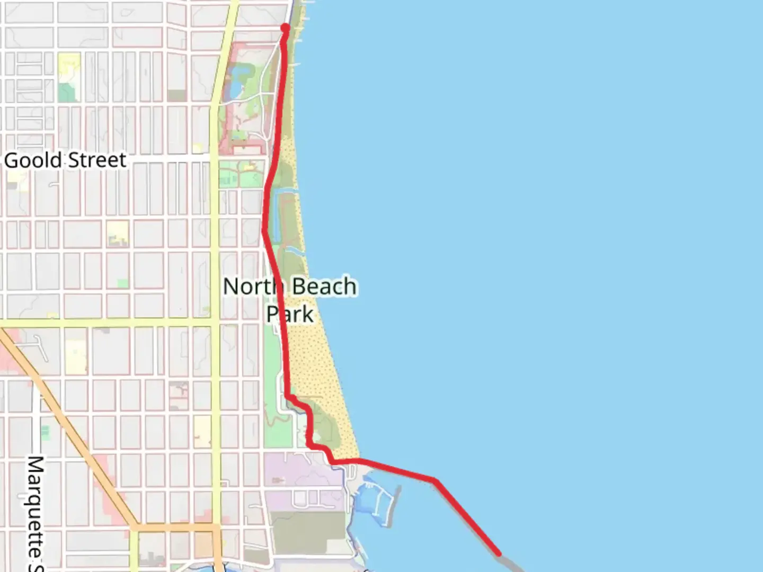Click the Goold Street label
[x=65, y=160]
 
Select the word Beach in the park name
[x=324, y=287]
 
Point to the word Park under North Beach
[x=290, y=314]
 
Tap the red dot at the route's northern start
[x=285, y=28]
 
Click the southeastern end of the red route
[x=499, y=554]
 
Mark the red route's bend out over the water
[x=435, y=480]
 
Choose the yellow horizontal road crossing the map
[x=106, y=323]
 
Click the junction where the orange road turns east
[x=136, y=528]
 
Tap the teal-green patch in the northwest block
[x=66, y=92]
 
